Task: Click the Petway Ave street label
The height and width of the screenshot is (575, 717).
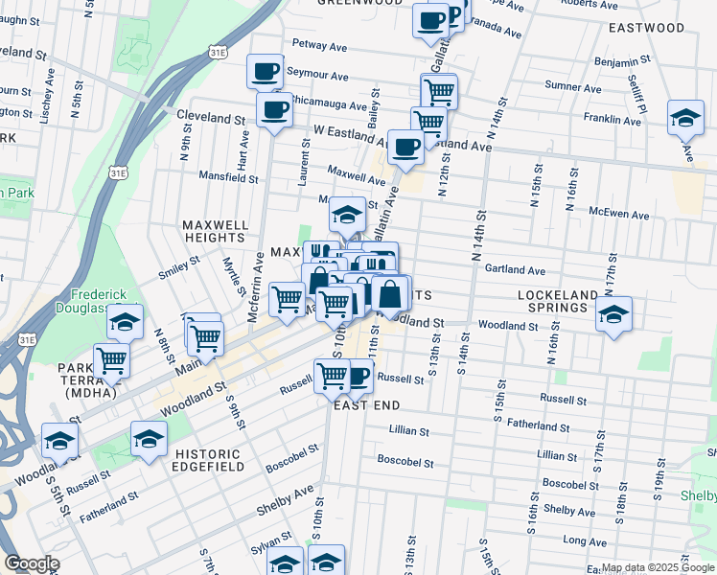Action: pyautogui.click(x=319, y=45)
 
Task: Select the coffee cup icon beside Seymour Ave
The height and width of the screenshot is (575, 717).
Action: pyautogui.click(x=265, y=70)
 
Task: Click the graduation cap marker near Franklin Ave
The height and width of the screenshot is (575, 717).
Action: pyautogui.click(x=685, y=117)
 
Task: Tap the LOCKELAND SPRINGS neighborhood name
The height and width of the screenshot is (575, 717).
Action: pyautogui.click(x=565, y=301)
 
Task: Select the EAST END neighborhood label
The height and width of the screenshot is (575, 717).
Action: pyautogui.click(x=366, y=405)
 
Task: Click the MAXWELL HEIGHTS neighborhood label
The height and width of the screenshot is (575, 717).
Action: pyautogui.click(x=215, y=231)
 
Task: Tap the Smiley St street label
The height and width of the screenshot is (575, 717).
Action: pyautogui.click(x=179, y=265)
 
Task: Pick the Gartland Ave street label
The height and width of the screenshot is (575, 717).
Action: pyautogui.click(x=515, y=270)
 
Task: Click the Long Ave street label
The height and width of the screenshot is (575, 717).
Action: pyautogui.click(x=585, y=540)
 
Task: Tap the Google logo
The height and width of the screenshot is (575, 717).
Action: pyautogui.click(x=32, y=564)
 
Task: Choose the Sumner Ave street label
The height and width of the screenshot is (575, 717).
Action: pyautogui.click(x=572, y=86)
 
